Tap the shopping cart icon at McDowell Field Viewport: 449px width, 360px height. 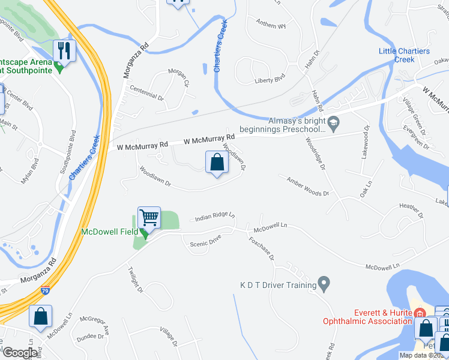click(149, 217)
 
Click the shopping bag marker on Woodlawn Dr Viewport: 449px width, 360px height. click(217, 162)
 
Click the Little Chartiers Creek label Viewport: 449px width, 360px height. click(405, 55)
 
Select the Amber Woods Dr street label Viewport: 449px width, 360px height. click(308, 186)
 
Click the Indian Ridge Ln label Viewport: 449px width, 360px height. click(214, 217)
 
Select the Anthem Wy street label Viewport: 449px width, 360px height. click(271, 25)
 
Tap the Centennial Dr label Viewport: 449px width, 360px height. click(143, 95)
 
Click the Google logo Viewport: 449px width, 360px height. click(19, 353)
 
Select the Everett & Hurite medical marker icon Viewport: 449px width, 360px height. click(420, 313)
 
